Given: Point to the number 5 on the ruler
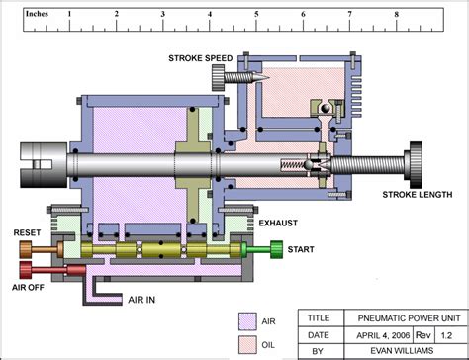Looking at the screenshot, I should click(256, 15).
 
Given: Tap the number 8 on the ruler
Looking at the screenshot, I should click(397, 15).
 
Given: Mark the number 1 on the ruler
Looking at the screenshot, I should click(68, 15).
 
